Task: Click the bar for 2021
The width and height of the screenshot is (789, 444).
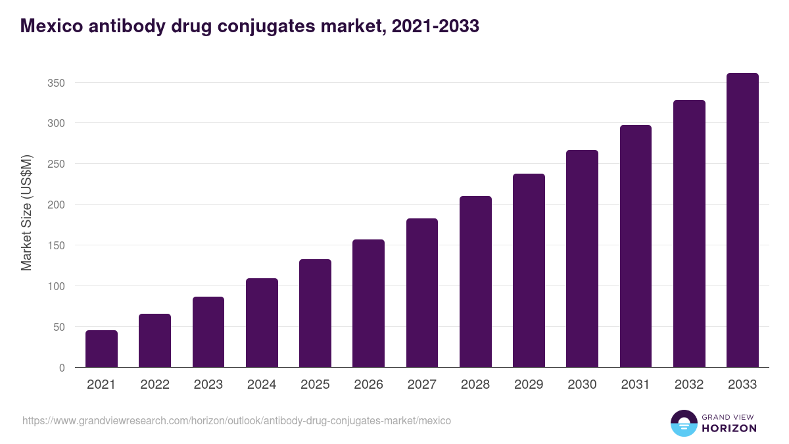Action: click(x=101, y=349)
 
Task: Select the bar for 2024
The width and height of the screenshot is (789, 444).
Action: click(x=262, y=323)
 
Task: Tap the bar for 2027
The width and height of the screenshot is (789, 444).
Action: click(x=422, y=293)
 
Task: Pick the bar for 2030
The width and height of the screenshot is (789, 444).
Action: click(x=582, y=259)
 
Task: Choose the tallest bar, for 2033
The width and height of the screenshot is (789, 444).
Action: click(x=742, y=220)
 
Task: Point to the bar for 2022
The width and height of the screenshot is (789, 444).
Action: click(x=155, y=341)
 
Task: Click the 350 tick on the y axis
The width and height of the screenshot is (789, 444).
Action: click(x=57, y=84)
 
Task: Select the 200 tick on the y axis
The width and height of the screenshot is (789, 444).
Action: click(x=57, y=205)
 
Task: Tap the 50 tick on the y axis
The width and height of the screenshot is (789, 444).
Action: click(x=59, y=327)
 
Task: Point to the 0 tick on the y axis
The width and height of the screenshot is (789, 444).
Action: click(x=62, y=368)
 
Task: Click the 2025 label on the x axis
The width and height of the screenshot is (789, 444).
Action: click(x=315, y=385)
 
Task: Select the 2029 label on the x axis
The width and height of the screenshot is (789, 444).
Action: click(x=529, y=385)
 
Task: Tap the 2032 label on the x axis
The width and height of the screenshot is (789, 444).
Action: click(x=689, y=385)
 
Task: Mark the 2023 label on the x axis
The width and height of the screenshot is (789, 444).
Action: click(x=208, y=385)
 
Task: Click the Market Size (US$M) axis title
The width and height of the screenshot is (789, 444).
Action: click(x=27, y=212)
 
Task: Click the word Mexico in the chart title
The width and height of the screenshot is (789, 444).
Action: click(x=52, y=26)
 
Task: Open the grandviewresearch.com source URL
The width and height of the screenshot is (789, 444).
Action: click(x=237, y=420)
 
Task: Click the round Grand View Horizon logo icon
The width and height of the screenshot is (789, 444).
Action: click(x=683, y=424)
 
